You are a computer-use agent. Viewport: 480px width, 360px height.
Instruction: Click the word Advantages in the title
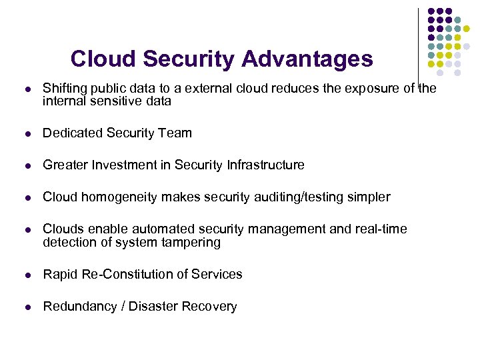point(307,59)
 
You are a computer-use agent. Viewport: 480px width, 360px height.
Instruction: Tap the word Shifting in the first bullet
point(64,88)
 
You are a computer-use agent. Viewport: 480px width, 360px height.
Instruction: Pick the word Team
point(175,133)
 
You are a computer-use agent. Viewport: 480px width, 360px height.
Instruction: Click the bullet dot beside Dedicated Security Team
point(26,133)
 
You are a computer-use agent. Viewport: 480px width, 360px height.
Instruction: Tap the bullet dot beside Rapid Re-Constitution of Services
point(26,275)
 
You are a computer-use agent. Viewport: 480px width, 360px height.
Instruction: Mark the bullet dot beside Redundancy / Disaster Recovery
point(26,307)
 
